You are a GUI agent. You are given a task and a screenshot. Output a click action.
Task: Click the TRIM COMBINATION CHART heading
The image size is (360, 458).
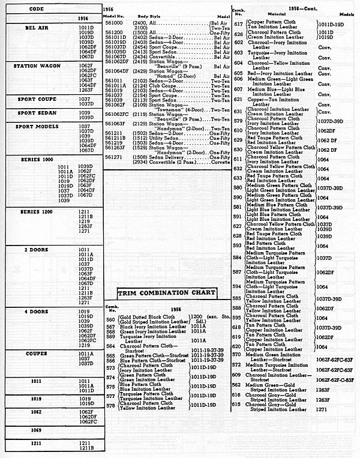[x=167, y=292]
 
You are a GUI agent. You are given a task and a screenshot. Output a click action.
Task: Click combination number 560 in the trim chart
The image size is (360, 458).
[x=110, y=319]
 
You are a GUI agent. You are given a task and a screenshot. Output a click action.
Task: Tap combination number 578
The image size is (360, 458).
[x=110, y=405]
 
